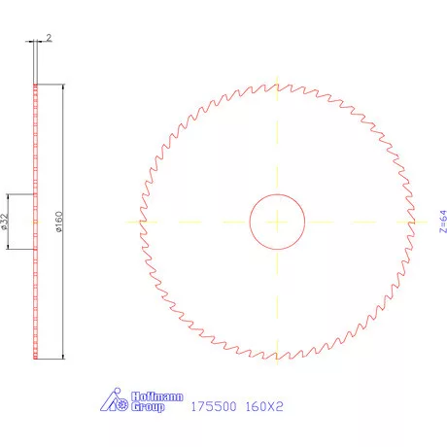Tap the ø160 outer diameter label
pyautogui.click(x=59, y=222)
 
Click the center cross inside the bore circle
pyautogui.click(x=279, y=222)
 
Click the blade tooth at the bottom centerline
pyautogui.click(x=279, y=358)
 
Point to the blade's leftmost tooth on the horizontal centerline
pyautogui.click(x=142, y=222)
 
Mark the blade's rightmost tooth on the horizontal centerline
pyautogui.click(x=415, y=222)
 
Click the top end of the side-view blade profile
pyautogui.click(x=36, y=86)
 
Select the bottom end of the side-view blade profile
pyautogui.click(x=36, y=358)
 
